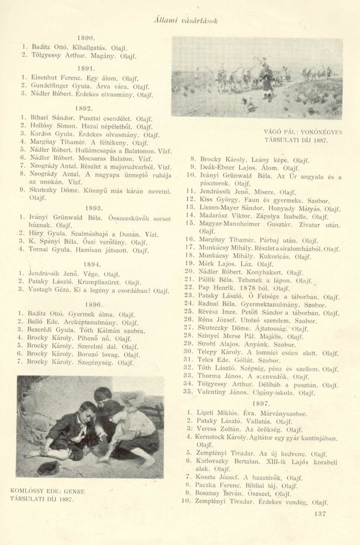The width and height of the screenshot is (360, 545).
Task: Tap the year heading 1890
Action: pyautogui.click(x=85, y=38)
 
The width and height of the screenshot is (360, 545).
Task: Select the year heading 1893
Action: pyautogui.click(x=85, y=208)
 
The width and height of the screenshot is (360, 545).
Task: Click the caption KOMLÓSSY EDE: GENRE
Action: pyautogui.click(x=48, y=491)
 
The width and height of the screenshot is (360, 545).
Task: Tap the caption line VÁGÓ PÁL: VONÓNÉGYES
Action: pyautogui.click(x=303, y=133)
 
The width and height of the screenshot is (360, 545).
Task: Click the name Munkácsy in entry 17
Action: pyautogui.click(x=216, y=248)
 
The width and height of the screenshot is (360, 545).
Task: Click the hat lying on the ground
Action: pyautogui.click(x=47, y=466)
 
